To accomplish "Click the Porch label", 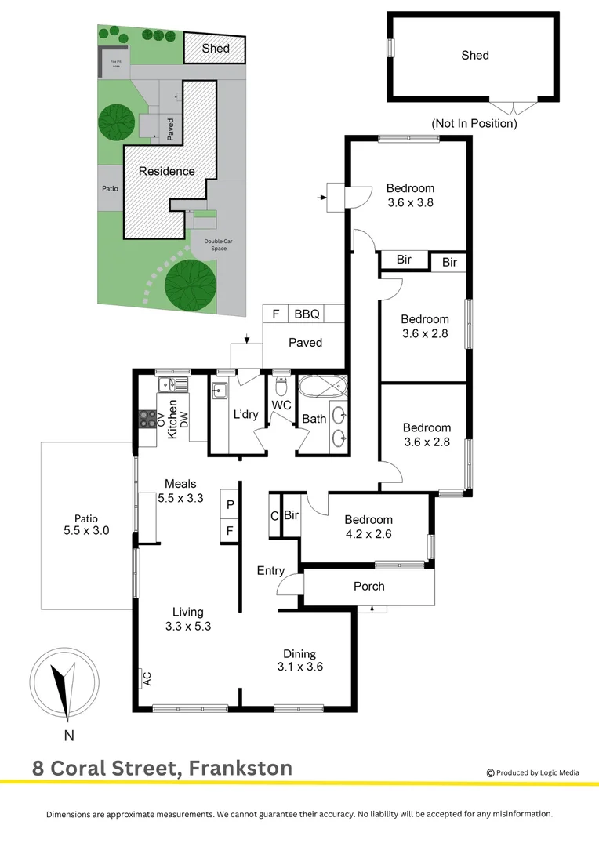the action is point(369,586).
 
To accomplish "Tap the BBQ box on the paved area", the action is point(307,314).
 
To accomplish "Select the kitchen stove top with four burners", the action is point(147,419).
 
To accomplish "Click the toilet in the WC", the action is point(281,386).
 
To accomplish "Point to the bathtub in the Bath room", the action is point(322,385).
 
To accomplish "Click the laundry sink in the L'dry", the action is point(220,390).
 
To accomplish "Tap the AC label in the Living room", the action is point(147,679).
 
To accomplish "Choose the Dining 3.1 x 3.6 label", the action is point(300,660).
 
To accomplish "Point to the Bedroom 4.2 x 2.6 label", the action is point(368,527).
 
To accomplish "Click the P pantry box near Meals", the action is point(230,504).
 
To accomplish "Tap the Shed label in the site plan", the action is point(216,48).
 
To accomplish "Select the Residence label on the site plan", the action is point(167,171).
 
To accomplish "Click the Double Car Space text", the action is point(218,245).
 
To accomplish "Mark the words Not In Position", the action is point(474,123).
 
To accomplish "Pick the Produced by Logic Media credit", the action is point(533,772).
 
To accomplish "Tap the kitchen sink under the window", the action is point(172,384).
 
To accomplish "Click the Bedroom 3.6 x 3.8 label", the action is point(411,195).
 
